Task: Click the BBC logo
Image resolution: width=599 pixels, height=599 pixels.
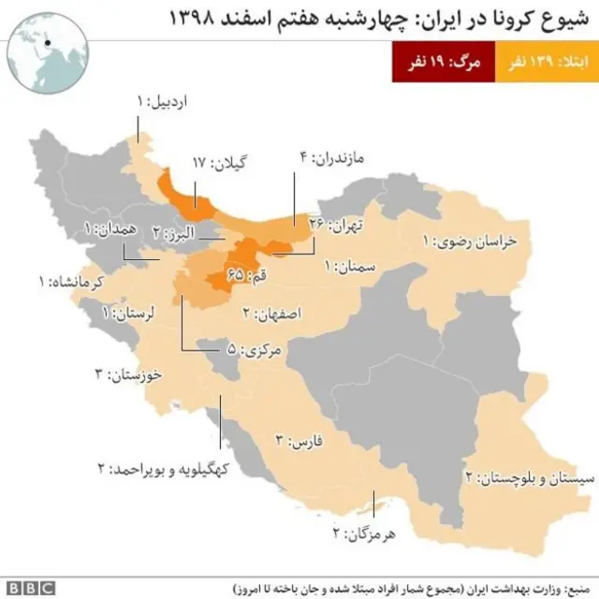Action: [32, 588]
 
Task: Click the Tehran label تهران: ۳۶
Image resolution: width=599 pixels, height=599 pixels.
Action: [335, 224]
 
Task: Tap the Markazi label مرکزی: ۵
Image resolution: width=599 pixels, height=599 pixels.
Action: [256, 350]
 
